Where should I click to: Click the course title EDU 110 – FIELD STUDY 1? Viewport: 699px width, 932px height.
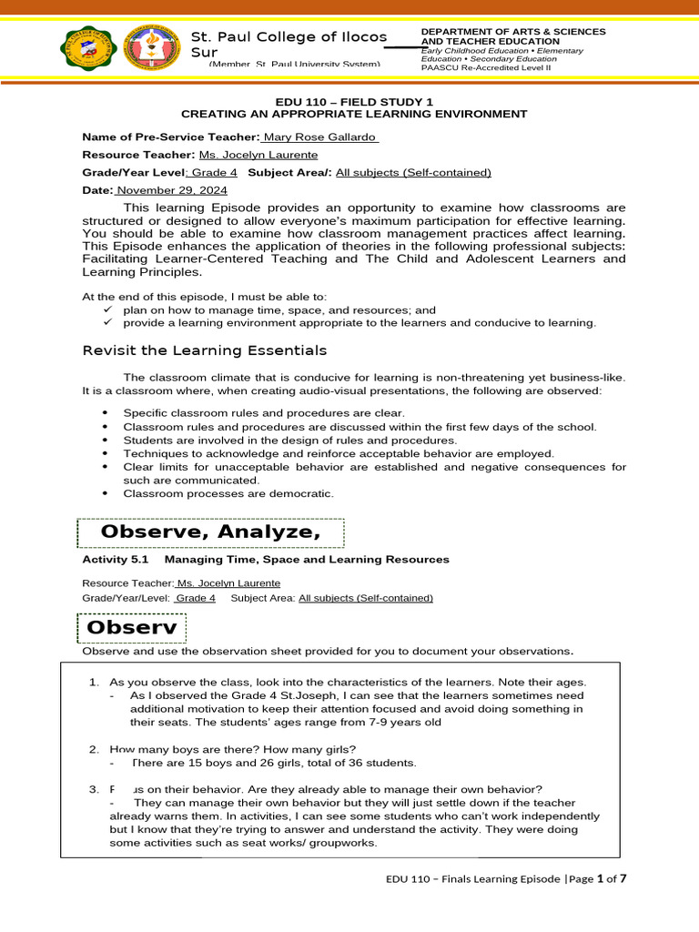click(x=354, y=101)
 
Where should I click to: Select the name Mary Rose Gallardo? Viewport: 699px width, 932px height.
click(x=320, y=137)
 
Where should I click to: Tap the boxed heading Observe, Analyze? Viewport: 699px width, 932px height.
click(x=210, y=532)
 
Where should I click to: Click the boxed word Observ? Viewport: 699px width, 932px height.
click(x=133, y=628)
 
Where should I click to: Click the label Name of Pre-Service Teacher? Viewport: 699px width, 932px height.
click(x=171, y=137)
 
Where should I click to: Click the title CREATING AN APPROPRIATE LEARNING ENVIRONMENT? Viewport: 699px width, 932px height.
click(x=354, y=114)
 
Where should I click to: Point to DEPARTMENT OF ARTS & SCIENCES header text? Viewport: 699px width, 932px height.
click(x=513, y=32)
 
